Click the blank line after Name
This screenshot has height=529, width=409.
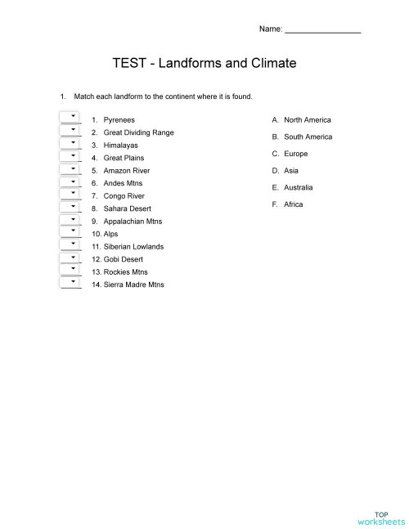click(322, 30)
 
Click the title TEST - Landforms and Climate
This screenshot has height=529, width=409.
click(204, 63)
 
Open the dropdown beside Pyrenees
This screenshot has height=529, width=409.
click(71, 117)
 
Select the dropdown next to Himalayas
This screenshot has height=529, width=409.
click(71, 143)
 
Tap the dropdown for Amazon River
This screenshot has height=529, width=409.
click(71, 168)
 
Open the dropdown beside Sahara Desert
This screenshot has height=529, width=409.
click(71, 206)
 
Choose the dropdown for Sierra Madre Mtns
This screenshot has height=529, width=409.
click(71, 282)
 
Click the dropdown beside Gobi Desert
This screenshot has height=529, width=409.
click(71, 257)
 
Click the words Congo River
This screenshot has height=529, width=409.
click(124, 196)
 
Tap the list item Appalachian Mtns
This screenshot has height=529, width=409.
click(133, 222)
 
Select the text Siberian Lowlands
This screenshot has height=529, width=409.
click(133, 247)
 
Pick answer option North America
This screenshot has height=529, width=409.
click(307, 120)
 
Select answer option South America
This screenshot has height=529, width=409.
click(308, 137)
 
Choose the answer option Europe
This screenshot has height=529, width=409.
click(295, 155)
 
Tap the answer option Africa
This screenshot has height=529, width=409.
click(293, 204)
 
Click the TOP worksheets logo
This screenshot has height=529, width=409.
click(380, 517)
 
